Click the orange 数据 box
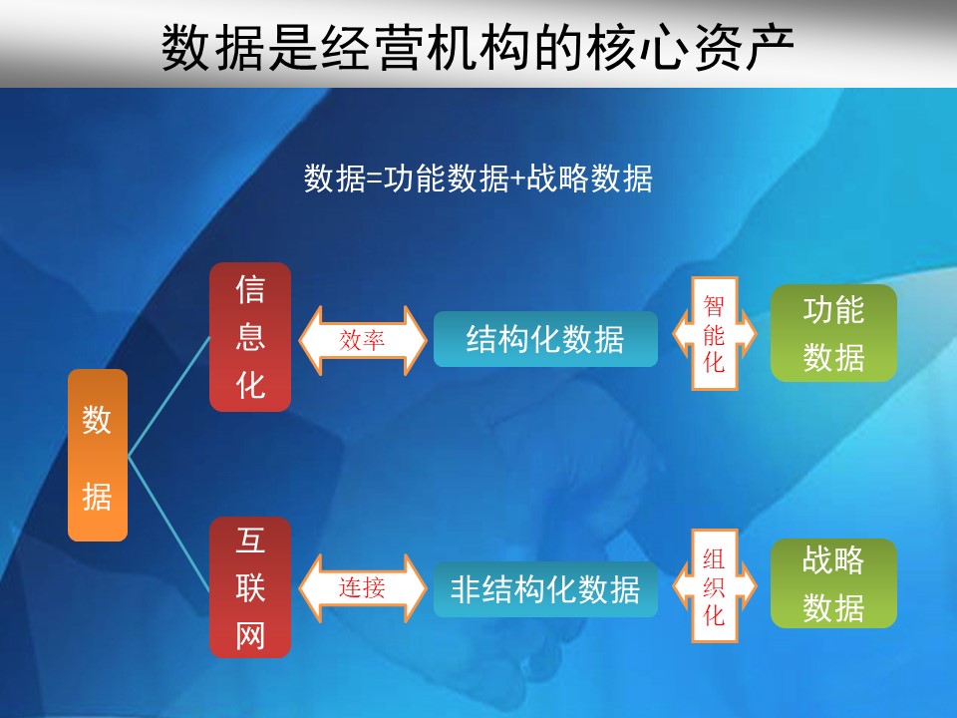tap(98, 455)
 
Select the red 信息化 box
tap(250, 337)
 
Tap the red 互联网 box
tap(250, 587)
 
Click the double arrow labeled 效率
tap(363, 340)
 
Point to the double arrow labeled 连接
tap(363, 588)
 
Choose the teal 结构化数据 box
tap(545, 339)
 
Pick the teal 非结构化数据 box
tap(545, 589)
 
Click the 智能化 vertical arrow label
tap(714, 334)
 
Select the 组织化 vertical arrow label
tap(714, 586)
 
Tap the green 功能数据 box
tap(833, 333)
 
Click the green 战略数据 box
tap(833, 583)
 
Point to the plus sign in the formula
tap(517, 179)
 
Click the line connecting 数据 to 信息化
tap(169, 396)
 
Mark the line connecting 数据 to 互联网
tap(169, 525)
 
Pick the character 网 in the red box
tap(250, 635)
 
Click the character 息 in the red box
tap(250, 337)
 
